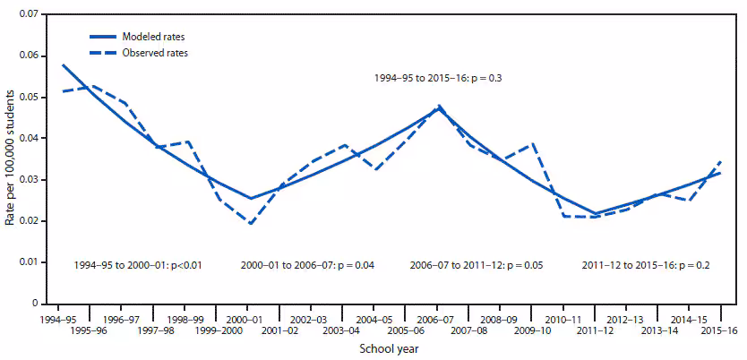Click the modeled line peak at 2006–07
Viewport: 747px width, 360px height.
coord(439,107)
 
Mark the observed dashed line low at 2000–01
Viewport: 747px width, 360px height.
coord(251,224)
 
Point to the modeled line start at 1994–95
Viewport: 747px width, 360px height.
coord(63,64)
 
